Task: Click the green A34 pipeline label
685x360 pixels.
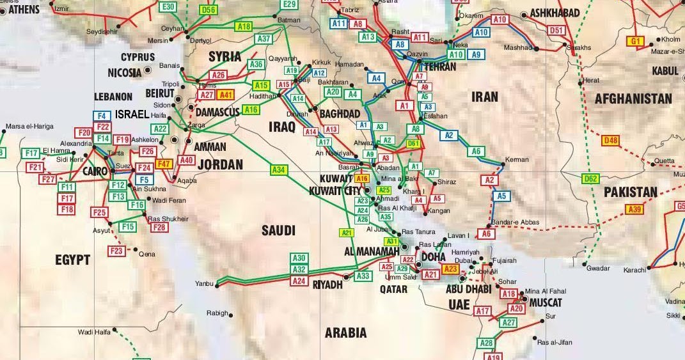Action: click(x=278, y=170)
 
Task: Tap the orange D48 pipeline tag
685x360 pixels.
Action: click(x=611, y=141)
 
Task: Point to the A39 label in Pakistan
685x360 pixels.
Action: click(x=634, y=209)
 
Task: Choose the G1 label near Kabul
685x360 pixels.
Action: click(x=635, y=42)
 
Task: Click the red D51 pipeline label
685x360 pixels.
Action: click(x=557, y=30)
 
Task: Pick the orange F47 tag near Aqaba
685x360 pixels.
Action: click(x=164, y=164)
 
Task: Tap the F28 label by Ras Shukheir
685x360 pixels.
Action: click(x=159, y=227)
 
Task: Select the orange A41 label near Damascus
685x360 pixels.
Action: click(x=226, y=94)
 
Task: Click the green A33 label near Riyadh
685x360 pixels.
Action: click(x=363, y=276)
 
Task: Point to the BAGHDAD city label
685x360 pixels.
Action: click(x=339, y=114)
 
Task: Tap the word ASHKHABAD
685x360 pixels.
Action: click(x=555, y=13)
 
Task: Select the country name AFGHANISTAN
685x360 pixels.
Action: click(x=633, y=98)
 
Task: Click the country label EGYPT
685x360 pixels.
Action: click(x=72, y=260)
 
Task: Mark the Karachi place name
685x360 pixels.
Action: click(x=635, y=270)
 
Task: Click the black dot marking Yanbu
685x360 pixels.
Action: click(x=217, y=285)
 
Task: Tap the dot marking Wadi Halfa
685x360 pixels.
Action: click(x=115, y=331)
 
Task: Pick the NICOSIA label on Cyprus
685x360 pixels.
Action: click(x=125, y=72)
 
